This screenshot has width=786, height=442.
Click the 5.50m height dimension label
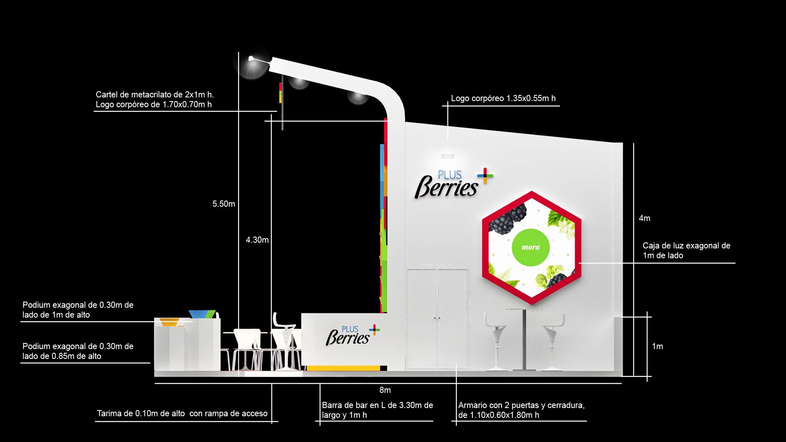[224, 204]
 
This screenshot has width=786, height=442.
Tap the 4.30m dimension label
[257, 240]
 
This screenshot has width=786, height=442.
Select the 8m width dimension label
[385, 390]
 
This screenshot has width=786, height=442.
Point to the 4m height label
[644, 219]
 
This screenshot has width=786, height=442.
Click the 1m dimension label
[657, 347]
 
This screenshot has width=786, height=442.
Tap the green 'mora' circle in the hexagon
[531, 247]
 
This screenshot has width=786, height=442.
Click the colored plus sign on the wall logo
[485, 176]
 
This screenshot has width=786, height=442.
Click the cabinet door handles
[437, 318]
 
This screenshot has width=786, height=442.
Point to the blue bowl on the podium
[202, 314]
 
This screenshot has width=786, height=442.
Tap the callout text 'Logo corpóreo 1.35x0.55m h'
[503, 99]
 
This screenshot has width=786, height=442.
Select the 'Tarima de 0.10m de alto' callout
[182, 414]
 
